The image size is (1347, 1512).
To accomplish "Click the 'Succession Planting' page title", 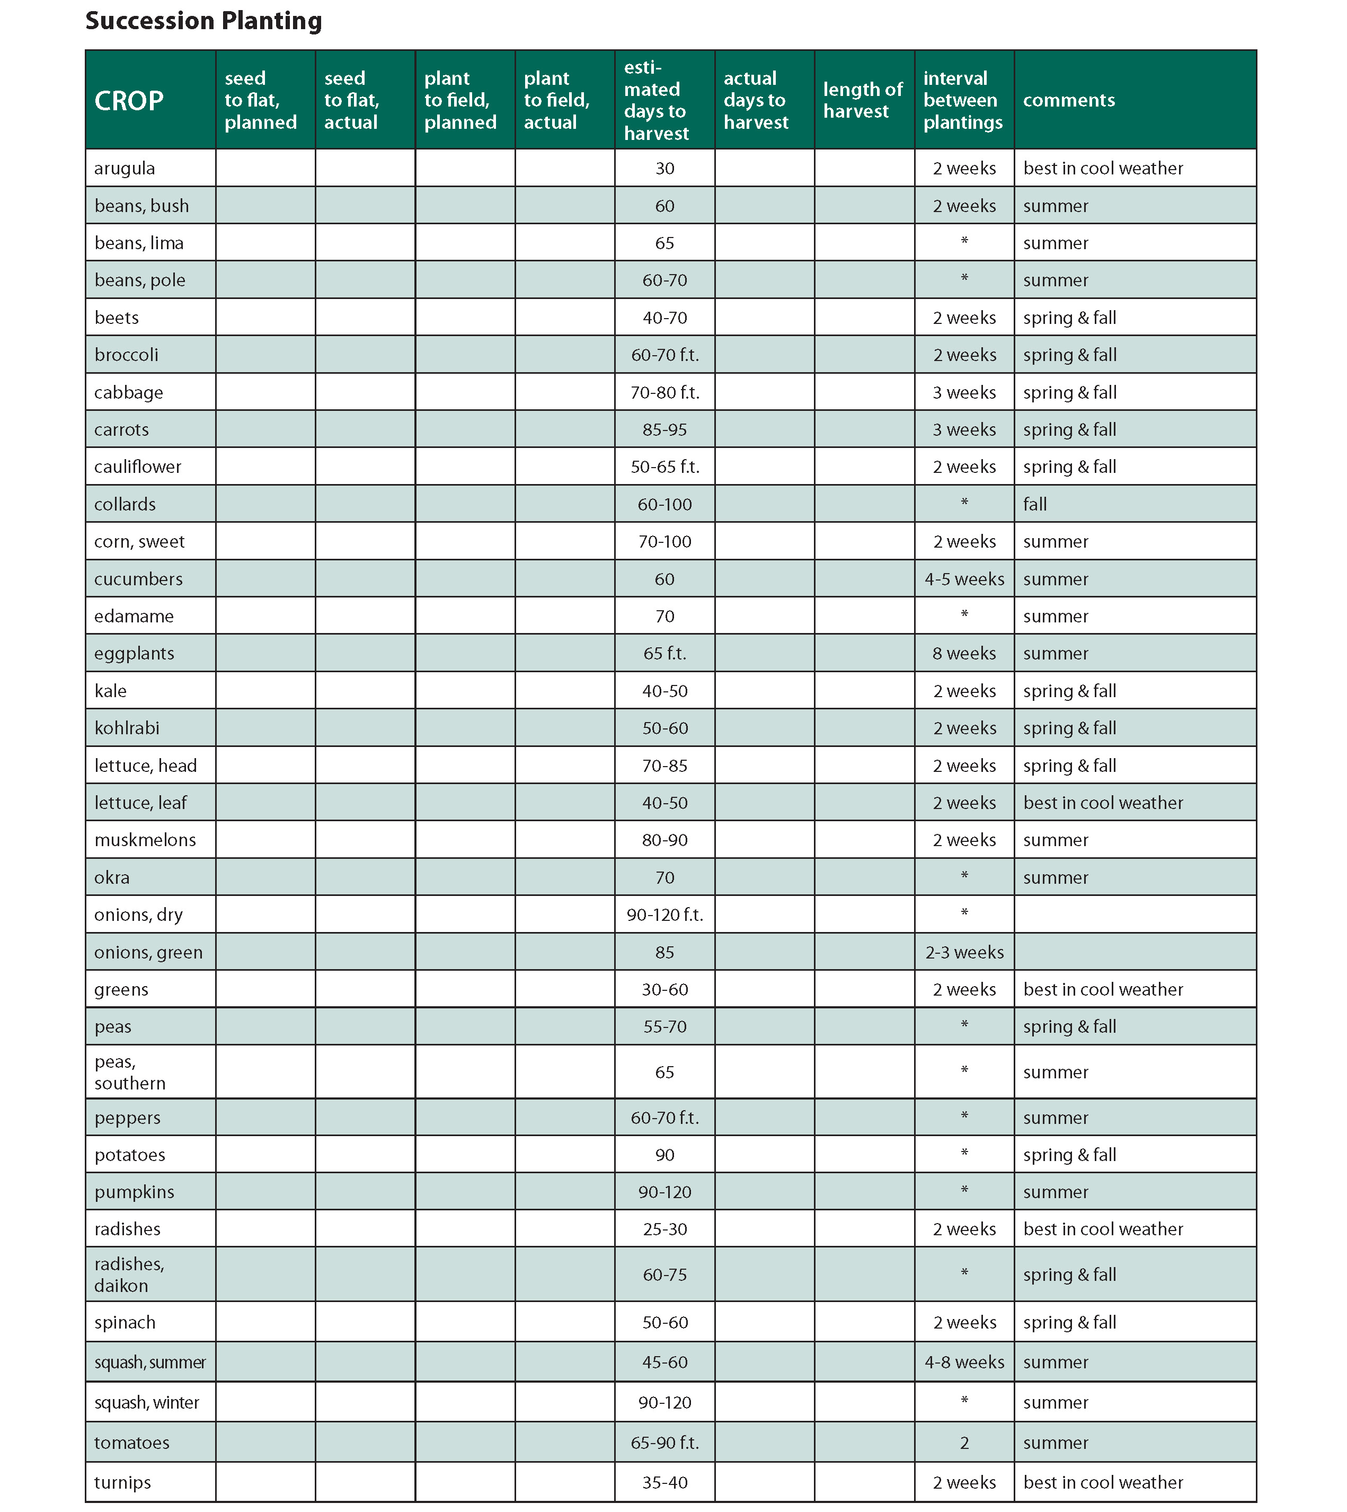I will tap(203, 21).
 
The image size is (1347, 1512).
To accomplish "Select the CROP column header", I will tap(129, 101).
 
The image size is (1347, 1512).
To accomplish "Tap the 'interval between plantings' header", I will tap(962, 100).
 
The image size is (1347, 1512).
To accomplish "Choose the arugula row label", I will tap(125, 168).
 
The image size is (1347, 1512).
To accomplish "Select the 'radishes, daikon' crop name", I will tap(129, 1274).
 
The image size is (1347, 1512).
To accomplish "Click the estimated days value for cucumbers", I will tap(664, 579).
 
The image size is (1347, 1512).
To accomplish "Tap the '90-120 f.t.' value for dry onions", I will tap(664, 915).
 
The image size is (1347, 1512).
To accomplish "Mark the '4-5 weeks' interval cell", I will tap(964, 579).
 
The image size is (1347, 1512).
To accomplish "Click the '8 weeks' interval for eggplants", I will tap(964, 653).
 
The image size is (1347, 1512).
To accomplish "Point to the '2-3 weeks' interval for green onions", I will tap(964, 952).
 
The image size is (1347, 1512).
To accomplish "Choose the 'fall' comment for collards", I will tap(1035, 504).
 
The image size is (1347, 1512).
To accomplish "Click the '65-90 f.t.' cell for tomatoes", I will tap(664, 1443).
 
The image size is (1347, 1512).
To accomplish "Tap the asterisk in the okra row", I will tap(964, 876).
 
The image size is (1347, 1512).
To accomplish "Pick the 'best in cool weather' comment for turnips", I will tap(1103, 1482).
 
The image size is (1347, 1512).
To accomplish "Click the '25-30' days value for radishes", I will tap(664, 1229).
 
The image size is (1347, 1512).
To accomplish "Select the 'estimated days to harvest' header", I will tap(655, 100).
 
